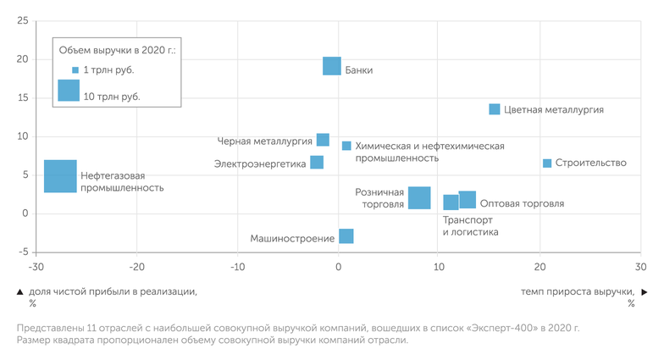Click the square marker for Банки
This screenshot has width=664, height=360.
[332, 66]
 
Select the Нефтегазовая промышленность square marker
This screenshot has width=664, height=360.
[60, 176]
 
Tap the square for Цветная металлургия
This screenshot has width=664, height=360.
[495, 109]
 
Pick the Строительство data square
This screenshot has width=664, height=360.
[547, 163]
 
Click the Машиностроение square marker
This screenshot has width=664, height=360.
[346, 236]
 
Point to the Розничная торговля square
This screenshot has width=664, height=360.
[419, 197]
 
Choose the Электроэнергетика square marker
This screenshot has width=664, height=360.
[317, 163]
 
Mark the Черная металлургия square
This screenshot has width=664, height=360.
[323, 140]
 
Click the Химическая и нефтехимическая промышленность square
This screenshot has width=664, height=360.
[346, 146]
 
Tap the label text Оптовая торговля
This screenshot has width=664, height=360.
[522, 204]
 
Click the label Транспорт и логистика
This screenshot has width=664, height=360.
[470, 226]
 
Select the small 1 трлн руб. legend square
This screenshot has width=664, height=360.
[75, 70]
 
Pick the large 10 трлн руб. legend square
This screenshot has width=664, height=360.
[68, 91]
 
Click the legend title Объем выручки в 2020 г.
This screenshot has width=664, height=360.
[117, 51]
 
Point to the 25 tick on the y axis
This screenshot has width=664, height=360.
[23, 20]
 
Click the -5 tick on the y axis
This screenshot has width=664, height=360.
[23, 252]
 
